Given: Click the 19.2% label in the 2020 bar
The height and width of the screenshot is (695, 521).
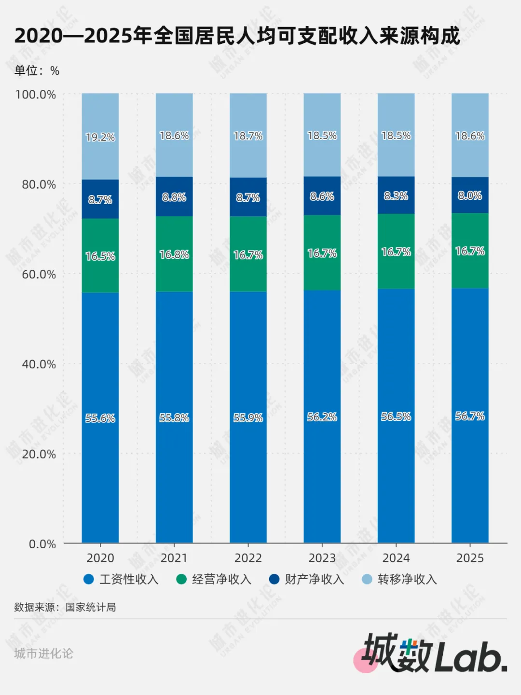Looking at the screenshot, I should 100,137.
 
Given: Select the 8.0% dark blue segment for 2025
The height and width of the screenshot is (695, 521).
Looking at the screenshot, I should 470,195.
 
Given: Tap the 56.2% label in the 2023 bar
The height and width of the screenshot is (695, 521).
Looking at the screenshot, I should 322,417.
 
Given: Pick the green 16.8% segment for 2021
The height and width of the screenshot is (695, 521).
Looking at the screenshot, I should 174,254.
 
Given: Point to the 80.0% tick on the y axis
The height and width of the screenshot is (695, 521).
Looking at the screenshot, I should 39,184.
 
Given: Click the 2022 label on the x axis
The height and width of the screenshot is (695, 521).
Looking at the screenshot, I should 248,558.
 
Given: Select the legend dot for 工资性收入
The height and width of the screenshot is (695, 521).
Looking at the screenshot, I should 88,579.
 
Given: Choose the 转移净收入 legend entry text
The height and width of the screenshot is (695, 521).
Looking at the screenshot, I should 407,579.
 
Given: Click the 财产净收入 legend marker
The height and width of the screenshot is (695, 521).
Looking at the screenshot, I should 274,579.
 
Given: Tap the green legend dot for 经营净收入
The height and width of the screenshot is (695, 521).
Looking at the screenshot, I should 181,579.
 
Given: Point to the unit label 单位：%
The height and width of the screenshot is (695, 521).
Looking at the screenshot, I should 37,70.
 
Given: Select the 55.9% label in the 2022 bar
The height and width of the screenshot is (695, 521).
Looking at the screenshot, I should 248,417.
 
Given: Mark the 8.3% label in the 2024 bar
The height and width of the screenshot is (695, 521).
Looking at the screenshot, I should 396,196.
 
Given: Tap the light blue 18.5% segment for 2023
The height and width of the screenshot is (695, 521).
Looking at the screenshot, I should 322,135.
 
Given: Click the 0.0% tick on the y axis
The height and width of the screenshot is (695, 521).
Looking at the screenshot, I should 42,544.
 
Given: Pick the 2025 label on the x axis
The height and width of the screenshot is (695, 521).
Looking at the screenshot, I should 470,558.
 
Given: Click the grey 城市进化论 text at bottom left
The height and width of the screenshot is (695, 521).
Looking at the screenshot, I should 43,653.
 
